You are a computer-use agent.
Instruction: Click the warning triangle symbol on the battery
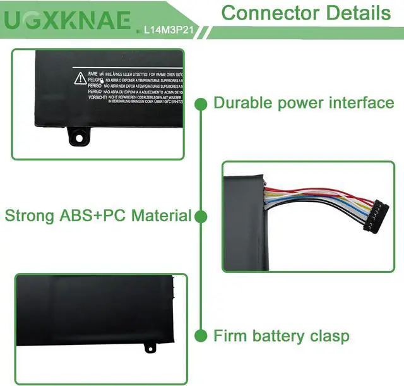(80, 78)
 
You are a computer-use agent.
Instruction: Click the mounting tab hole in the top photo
(79, 134)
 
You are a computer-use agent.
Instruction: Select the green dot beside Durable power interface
(201, 103)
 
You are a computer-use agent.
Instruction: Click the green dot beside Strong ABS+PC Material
(201, 217)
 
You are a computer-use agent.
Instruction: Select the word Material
(161, 215)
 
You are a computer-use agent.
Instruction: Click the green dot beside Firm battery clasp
(201, 335)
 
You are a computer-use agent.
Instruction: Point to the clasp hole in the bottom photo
(150, 346)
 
